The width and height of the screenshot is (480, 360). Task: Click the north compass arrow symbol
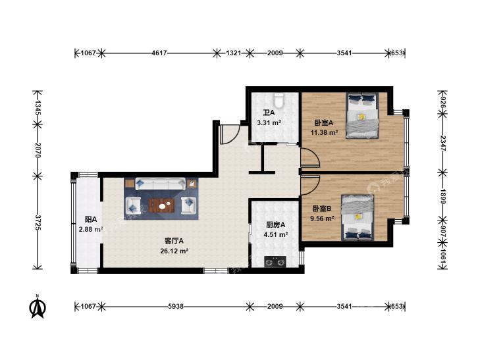[38, 307]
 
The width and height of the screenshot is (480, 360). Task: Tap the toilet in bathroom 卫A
[279, 99]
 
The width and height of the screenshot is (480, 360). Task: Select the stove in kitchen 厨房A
[275, 261]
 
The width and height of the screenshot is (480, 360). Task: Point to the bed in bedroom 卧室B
[358, 218]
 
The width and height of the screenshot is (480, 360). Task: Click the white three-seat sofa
[160, 184]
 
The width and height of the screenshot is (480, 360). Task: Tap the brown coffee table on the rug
[161, 205]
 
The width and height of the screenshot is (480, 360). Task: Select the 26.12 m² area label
[174, 251]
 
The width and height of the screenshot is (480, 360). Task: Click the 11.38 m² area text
[324, 132]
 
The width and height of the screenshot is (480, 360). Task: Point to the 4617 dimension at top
[159, 53]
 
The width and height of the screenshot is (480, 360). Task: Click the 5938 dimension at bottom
[176, 306]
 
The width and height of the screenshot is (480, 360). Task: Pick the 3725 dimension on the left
[38, 222]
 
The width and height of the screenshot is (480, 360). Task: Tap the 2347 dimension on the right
[442, 143]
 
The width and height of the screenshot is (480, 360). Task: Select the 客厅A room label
[174, 241]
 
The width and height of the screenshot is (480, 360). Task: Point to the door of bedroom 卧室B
[310, 185]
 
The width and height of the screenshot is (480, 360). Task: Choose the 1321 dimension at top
[234, 53]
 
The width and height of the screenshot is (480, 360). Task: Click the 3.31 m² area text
[269, 123]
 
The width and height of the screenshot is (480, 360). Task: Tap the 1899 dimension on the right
[442, 196]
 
